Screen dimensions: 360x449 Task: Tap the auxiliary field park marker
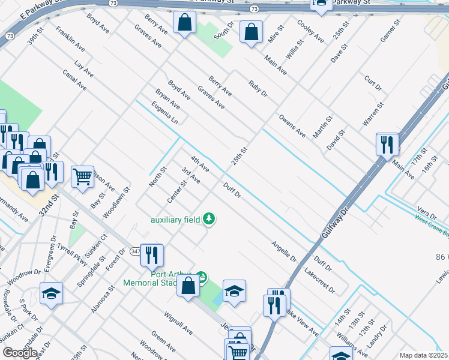tap(209, 218)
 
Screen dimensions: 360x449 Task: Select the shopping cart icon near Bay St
tap(82, 176)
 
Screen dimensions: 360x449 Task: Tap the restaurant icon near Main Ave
tap(387, 144)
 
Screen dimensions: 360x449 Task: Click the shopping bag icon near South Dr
tap(251, 32)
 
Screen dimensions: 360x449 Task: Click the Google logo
tap(20, 352)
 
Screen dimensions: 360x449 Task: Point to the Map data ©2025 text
tap(423, 355)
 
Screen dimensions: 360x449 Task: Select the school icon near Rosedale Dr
tap(51, 293)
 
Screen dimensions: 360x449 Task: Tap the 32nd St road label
tap(49, 205)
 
